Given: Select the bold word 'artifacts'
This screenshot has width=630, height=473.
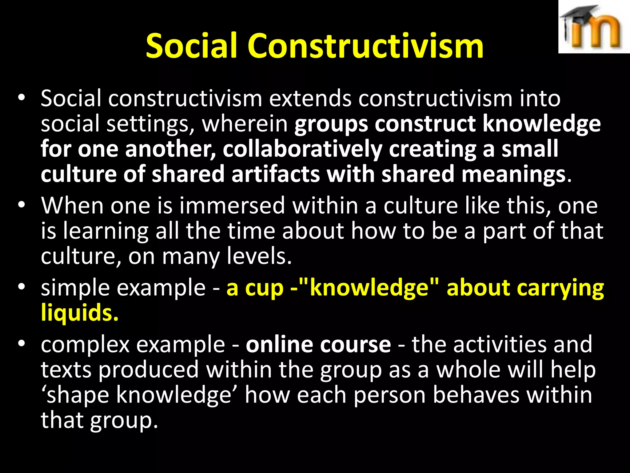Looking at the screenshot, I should pos(276,174).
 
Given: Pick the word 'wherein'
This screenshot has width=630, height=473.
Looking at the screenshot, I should pos(245,124).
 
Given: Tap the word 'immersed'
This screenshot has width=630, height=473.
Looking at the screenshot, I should pos(232,205).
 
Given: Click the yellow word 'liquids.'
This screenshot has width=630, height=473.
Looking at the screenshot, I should pos(80,313).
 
